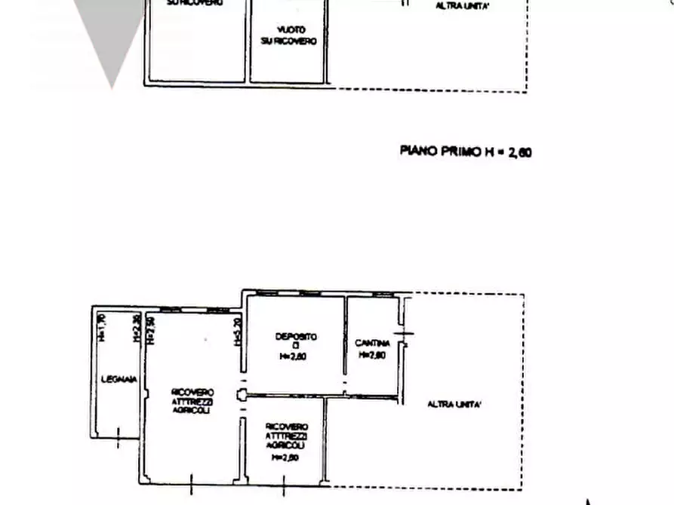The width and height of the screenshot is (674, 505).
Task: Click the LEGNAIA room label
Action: click(118, 379)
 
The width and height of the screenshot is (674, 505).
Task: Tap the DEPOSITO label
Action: click(296, 336)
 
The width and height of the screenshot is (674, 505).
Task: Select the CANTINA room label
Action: click(372, 344)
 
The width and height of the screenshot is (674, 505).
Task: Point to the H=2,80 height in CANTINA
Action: click(372, 355)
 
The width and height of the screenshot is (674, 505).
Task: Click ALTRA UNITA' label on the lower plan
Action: click(454, 405)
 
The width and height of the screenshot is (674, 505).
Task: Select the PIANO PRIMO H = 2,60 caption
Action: click(465, 151)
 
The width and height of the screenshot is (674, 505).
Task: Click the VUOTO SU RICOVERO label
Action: click(288, 35)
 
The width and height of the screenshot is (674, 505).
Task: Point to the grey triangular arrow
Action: click(111, 38)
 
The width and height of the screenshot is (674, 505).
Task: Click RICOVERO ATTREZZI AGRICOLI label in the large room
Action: click(192, 402)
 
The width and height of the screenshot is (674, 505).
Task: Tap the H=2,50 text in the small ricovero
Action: click(287, 457)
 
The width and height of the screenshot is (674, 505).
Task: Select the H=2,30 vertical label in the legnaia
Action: click(136, 328)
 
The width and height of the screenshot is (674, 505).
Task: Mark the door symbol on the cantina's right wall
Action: click(405, 334)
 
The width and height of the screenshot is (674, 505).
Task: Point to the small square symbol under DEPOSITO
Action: click(296, 346)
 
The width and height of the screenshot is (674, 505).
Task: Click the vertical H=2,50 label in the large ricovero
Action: click(150, 329)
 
